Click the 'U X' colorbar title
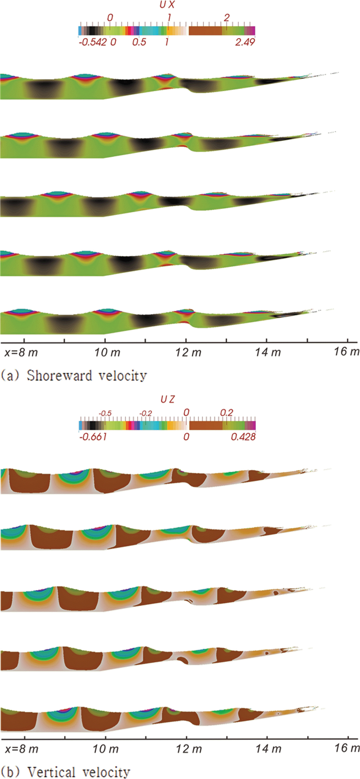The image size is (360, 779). coord(167,5)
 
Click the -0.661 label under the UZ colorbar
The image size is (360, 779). coord(93,437)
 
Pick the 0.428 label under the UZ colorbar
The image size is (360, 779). coord(243,437)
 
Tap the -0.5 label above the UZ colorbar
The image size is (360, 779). coord(105,413)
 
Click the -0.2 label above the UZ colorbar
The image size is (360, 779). coord(145,413)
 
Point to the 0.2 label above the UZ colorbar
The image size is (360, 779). coord(227,413)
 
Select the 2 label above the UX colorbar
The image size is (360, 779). coord(227,18)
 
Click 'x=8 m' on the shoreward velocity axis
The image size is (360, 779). coord(21,352)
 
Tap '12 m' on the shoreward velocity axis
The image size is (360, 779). coord(188,352)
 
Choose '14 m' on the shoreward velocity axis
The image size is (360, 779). coord(268,352)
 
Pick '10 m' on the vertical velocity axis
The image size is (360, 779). coord(105,749)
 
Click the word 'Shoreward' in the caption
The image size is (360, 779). coord(59,376)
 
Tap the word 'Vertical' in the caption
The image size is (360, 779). coord(51,772)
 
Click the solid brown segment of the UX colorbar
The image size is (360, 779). coord(205,30)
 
